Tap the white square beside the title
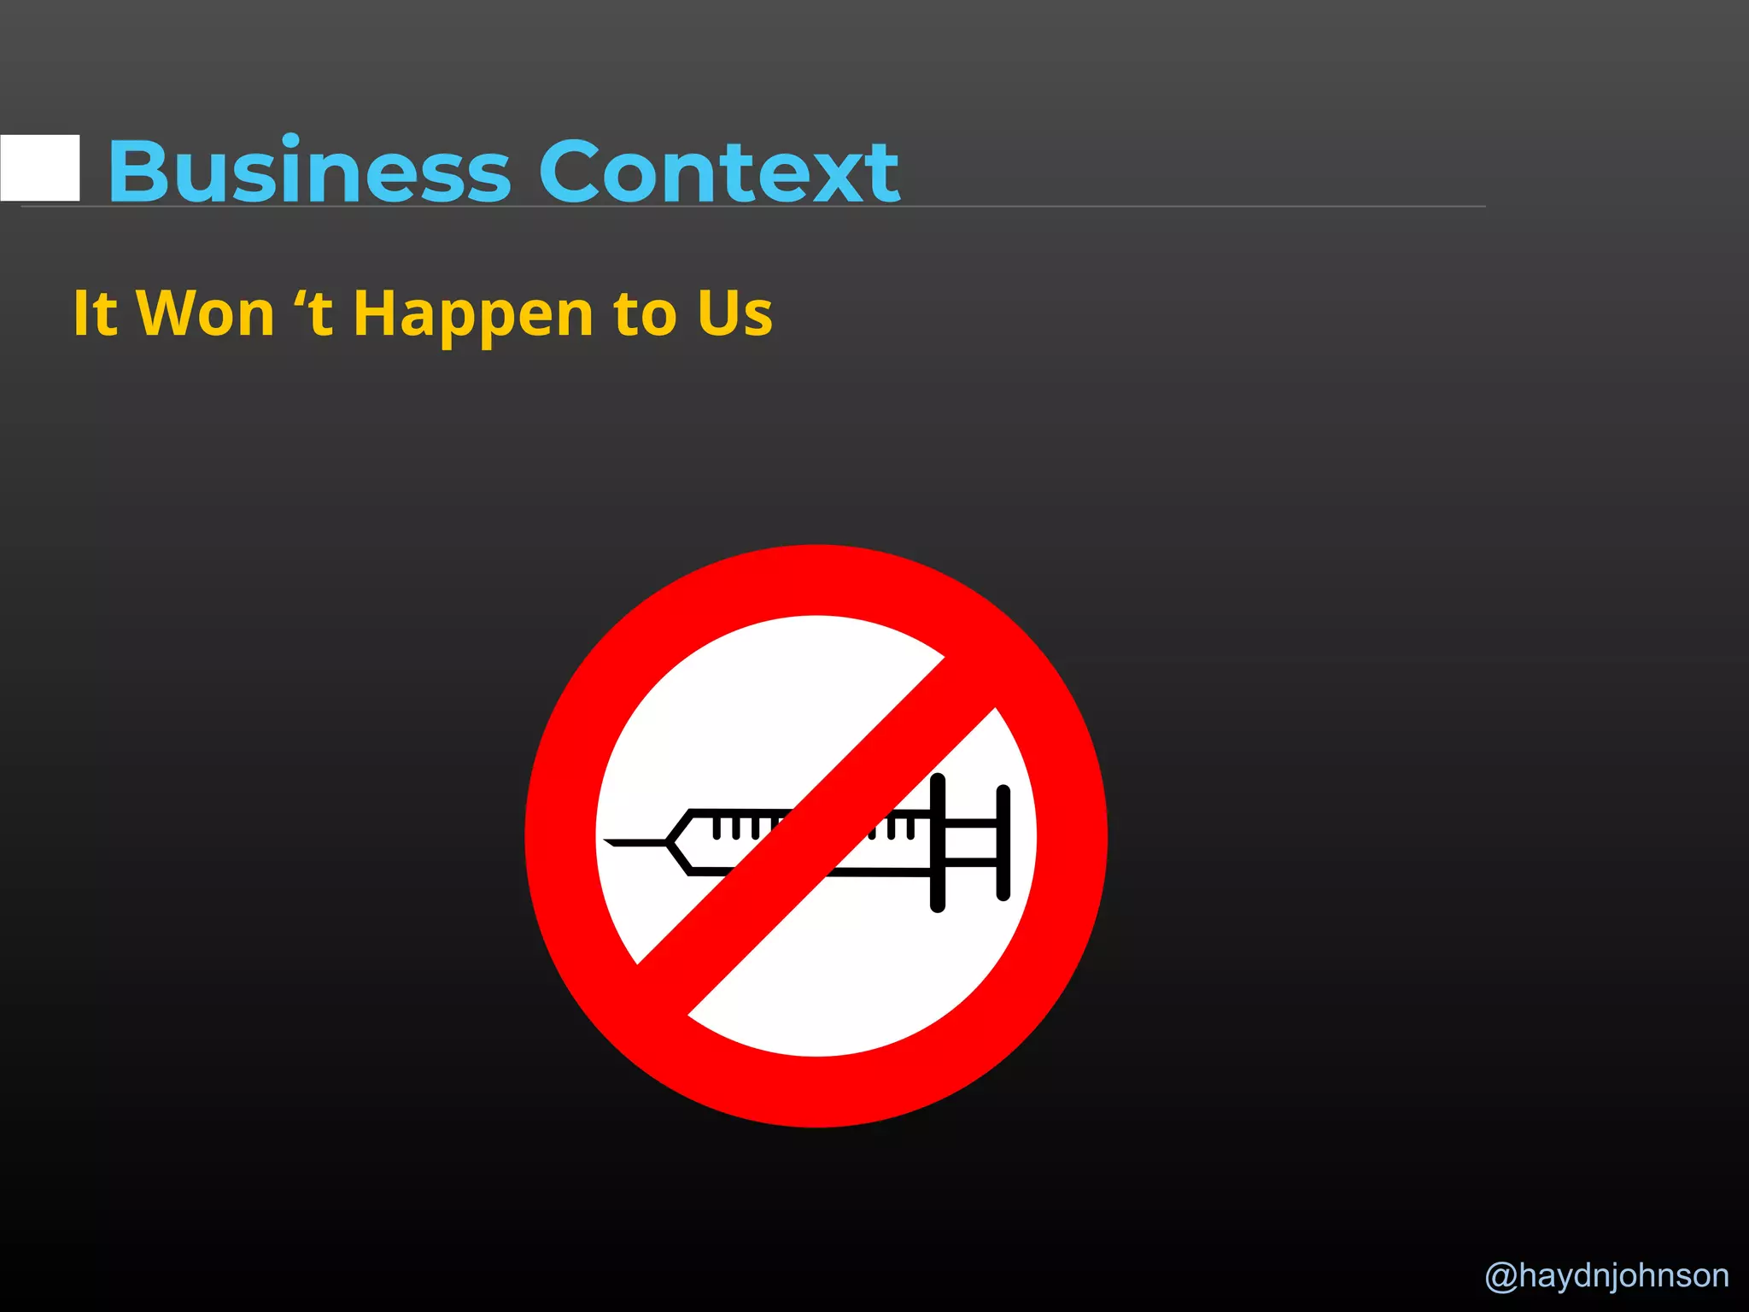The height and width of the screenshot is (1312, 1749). point(40,168)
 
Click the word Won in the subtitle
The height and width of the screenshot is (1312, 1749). point(206,313)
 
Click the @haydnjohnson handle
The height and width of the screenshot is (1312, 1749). point(1606,1275)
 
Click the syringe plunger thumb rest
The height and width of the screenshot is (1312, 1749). point(1003,842)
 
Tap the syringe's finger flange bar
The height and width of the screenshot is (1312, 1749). point(938,842)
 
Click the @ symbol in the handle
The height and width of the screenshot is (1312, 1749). point(1501,1276)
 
